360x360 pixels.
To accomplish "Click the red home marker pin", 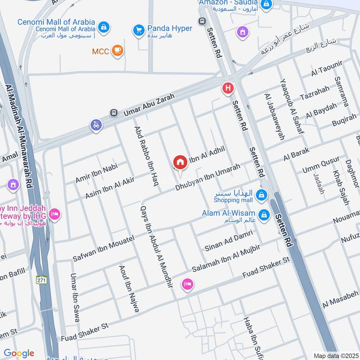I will tap(180, 162).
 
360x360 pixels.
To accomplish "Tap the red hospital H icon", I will tap(228, 89).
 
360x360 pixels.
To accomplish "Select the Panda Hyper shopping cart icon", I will tap(138, 30).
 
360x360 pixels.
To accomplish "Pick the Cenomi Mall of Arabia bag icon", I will tap(104, 27).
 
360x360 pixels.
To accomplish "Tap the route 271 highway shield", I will tap(42, 280).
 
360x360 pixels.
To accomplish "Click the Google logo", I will tap(19, 353).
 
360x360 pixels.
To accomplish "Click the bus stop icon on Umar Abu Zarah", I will tap(114, 112).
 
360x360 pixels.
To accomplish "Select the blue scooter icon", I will tap(96, 125).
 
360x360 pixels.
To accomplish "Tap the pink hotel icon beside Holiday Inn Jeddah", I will tap(54, 214).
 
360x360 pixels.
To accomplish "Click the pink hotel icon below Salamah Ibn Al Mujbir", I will tap(187, 284).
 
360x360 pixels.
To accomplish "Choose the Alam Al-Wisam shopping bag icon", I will tap(264, 215).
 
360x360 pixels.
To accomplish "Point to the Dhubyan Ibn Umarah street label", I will tap(207, 177).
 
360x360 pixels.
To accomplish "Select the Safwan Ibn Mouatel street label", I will tap(103, 248).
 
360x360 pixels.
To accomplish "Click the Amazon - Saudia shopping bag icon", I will tap(267, 4).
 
